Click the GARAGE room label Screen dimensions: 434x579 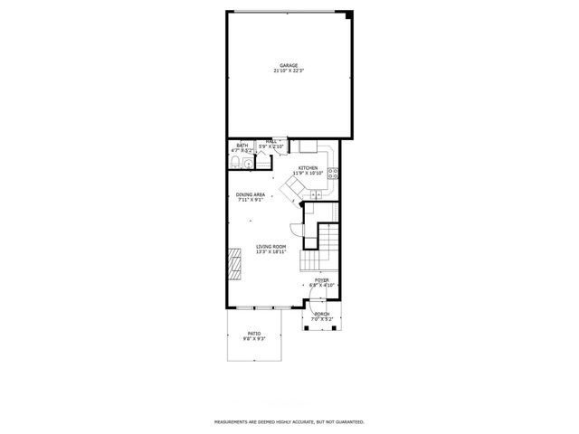pyautogui.click(x=289, y=65)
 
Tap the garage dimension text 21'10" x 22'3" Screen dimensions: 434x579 pyautogui.click(x=289, y=71)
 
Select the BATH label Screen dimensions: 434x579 pyautogui.click(x=242, y=145)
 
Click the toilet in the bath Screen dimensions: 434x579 pyautogui.click(x=235, y=162)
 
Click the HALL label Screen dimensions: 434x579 pyautogui.click(x=271, y=141)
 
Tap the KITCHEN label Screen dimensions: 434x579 pyautogui.click(x=308, y=167)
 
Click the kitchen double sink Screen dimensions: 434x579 pyautogui.click(x=317, y=194)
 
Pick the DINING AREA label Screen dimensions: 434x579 pyautogui.click(x=251, y=194)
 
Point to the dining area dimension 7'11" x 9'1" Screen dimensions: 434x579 pyautogui.click(x=251, y=200)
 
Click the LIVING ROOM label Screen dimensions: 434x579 pyautogui.click(x=271, y=247)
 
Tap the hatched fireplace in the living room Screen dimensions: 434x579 pyautogui.click(x=234, y=266)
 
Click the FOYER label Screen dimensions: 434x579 pyautogui.click(x=322, y=279)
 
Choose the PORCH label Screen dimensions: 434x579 pyautogui.click(x=322, y=315)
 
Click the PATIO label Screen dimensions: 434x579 pyautogui.click(x=254, y=334)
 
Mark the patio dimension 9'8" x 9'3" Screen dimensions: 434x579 pyautogui.click(x=254, y=339)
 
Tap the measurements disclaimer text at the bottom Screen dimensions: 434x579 pyautogui.click(x=289, y=421)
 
